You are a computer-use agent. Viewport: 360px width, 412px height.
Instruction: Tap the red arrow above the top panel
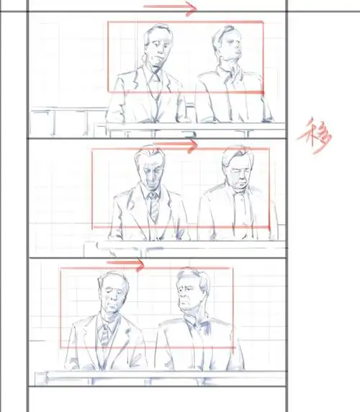pyautogui.click(x=170, y=9)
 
